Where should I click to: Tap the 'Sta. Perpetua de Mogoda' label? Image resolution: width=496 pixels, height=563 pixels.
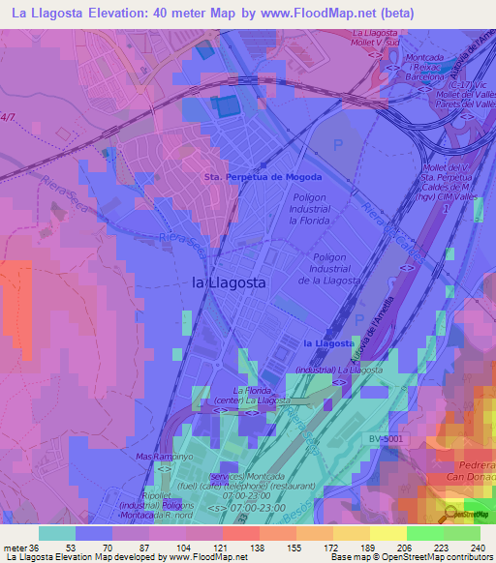(263, 177)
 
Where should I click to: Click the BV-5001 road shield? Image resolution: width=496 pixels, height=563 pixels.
(387, 438)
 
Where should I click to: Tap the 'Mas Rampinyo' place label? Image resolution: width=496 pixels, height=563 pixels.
(160, 456)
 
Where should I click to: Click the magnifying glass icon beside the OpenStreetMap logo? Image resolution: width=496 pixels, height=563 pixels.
(451, 515)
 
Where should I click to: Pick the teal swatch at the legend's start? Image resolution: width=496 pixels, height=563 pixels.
(56, 533)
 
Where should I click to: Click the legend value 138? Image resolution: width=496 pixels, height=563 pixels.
(240, 548)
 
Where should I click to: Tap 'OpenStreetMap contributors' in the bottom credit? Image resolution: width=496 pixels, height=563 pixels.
(442, 557)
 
